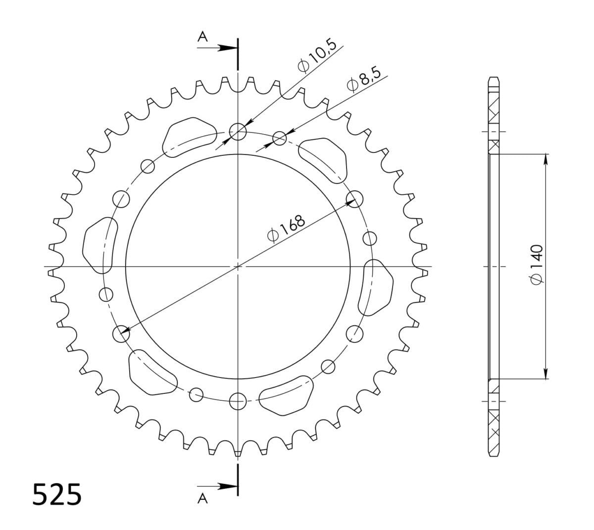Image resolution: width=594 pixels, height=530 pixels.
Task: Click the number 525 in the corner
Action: click(56, 495)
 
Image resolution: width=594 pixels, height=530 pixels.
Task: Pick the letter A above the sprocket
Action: click(202, 36)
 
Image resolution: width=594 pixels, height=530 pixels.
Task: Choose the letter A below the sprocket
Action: click(202, 499)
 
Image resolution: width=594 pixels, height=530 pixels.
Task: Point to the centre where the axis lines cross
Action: click(238, 266)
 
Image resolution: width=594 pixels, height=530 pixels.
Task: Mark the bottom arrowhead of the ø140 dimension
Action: click(546, 375)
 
